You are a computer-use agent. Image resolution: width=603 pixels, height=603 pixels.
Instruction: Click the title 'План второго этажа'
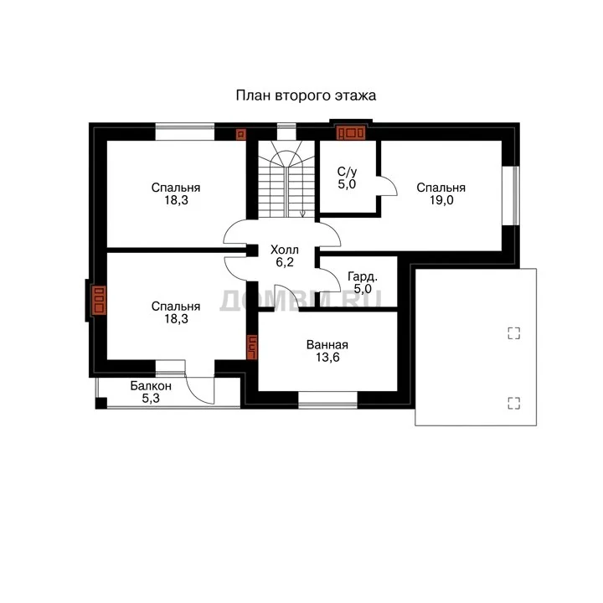[x=306, y=95]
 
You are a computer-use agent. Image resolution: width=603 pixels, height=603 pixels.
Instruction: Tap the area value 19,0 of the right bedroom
[x=441, y=200]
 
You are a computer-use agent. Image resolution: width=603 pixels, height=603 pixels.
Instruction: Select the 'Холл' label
[x=285, y=250]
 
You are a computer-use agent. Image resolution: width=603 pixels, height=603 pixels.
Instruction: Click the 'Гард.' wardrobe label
[x=363, y=276]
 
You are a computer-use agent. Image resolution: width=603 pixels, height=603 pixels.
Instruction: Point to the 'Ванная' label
[x=327, y=345]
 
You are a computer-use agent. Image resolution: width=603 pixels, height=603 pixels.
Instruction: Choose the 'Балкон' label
[x=151, y=386]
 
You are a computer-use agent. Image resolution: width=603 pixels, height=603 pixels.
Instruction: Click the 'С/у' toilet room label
[x=347, y=172]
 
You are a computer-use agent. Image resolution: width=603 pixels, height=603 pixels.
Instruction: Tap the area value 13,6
[x=327, y=358]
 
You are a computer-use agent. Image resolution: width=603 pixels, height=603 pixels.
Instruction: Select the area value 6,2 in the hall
[x=285, y=262]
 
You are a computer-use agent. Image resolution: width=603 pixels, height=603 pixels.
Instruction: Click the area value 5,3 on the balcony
[x=151, y=399]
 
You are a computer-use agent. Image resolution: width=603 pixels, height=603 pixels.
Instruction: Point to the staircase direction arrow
[x=302, y=212]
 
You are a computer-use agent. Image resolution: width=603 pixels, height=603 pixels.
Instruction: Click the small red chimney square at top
[x=240, y=134]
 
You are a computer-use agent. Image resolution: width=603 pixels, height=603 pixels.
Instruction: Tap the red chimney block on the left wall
[x=99, y=300]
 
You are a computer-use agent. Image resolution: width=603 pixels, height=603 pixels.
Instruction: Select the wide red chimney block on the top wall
[x=351, y=133]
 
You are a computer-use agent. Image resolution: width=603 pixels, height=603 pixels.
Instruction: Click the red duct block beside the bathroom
[x=252, y=348]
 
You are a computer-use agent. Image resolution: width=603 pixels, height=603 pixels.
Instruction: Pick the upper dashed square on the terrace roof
[x=513, y=333]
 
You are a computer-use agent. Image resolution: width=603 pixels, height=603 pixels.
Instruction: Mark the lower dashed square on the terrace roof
[x=513, y=403]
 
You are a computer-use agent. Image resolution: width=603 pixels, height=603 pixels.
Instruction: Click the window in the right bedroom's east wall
[x=511, y=196]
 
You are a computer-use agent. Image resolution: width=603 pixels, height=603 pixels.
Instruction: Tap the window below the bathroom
[x=327, y=400]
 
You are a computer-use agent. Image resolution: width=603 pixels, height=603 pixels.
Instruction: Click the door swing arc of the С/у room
[x=390, y=183]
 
